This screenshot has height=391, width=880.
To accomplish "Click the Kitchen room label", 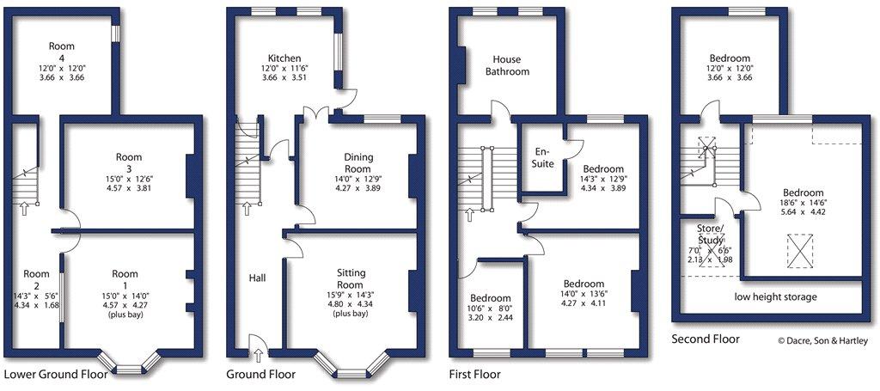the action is tap(284, 58).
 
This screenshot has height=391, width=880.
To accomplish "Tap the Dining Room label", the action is tap(355, 162).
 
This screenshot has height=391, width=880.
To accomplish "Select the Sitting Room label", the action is tap(351, 278).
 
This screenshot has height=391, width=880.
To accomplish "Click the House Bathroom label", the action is tap(507, 65).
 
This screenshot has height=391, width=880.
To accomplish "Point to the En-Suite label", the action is tap(544, 157).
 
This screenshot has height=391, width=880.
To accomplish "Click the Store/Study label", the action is tap(709, 234).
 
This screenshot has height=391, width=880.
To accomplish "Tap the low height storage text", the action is tap(776, 296).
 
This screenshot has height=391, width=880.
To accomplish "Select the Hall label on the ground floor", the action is tap(258, 278).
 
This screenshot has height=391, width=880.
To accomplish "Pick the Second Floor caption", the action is tap(706, 339).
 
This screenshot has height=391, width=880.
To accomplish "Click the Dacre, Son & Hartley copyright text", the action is tap(822, 340).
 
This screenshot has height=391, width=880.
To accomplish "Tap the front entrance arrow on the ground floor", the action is tap(258, 355).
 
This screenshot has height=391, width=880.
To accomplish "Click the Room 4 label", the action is tap(61, 52).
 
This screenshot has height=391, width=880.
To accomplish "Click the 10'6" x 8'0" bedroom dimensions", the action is tap(491, 308).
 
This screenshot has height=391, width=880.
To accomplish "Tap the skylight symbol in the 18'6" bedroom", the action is tap(800, 250).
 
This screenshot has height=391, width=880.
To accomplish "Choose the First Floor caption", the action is tap(474, 374).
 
